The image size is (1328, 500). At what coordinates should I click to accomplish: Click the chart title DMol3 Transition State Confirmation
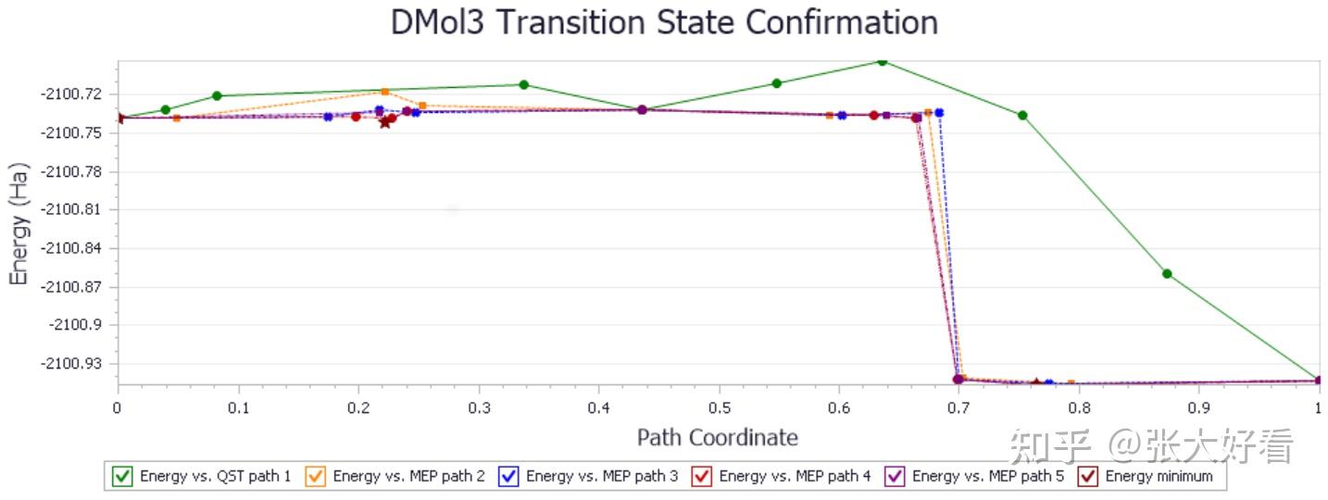(664, 22)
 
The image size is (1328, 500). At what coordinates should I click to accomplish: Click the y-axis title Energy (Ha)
(19, 225)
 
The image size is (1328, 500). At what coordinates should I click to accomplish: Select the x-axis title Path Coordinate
(717, 437)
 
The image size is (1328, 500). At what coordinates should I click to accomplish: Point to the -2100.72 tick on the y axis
(71, 94)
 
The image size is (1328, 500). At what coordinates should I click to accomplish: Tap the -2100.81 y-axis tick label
(71, 209)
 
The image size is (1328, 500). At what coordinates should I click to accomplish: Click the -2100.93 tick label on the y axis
(71, 363)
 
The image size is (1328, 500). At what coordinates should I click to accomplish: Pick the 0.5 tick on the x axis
(719, 407)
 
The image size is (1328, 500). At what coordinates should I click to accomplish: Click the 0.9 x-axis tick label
(1199, 407)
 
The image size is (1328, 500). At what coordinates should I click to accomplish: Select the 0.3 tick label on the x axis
(479, 407)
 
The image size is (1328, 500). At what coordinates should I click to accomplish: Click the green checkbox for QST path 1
(122, 476)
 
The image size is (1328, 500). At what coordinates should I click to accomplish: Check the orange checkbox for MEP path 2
(316, 476)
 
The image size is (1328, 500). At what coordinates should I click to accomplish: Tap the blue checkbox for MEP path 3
(508, 476)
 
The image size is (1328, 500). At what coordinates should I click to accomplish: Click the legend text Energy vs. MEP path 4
(795, 476)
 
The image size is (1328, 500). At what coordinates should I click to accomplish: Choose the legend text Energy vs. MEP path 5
(988, 476)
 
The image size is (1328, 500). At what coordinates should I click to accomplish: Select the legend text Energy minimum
(1159, 476)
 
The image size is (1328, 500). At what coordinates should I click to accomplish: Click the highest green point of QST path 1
(882, 61)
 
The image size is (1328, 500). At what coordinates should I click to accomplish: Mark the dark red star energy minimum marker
(384, 122)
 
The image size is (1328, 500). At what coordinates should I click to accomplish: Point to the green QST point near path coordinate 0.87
(1167, 273)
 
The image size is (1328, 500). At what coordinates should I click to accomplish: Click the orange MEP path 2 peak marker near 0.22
(384, 91)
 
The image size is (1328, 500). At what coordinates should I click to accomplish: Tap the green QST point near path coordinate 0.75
(1022, 115)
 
